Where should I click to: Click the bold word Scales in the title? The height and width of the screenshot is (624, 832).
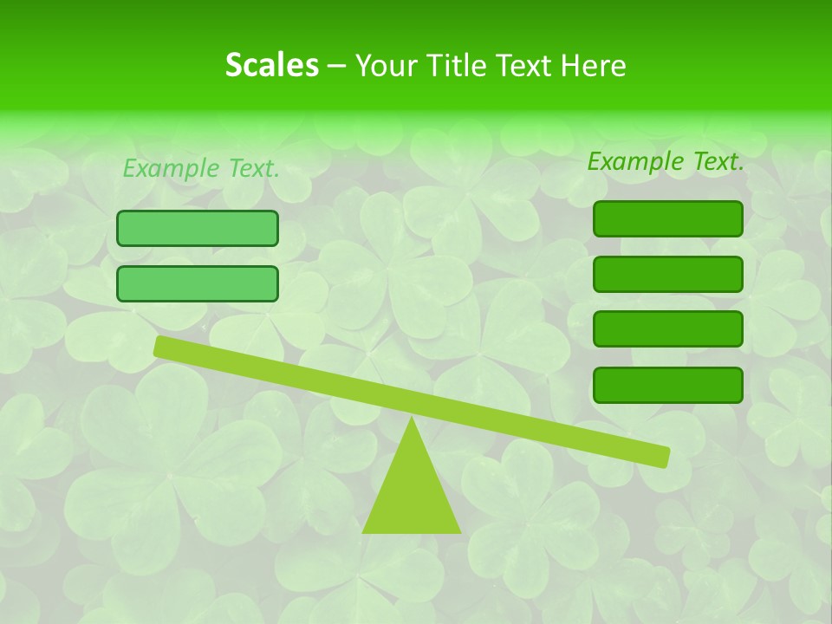271,65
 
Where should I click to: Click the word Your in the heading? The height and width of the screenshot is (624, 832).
385,65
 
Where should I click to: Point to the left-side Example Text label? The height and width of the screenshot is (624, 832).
201,168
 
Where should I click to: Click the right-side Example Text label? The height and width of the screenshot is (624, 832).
666,161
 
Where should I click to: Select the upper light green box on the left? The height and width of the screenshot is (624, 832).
198,228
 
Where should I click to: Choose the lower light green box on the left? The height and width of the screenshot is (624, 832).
198,283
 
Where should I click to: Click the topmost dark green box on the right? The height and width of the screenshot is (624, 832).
667,218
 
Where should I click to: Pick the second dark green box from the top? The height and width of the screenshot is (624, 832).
667,274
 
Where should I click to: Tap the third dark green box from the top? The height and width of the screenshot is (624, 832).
667,328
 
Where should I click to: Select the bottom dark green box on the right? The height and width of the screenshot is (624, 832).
667,385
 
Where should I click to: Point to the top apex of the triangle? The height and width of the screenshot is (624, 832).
413,419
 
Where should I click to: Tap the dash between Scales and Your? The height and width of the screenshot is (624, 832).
336,66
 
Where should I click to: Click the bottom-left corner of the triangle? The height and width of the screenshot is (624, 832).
364,531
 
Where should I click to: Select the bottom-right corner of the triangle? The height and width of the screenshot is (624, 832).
459,531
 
